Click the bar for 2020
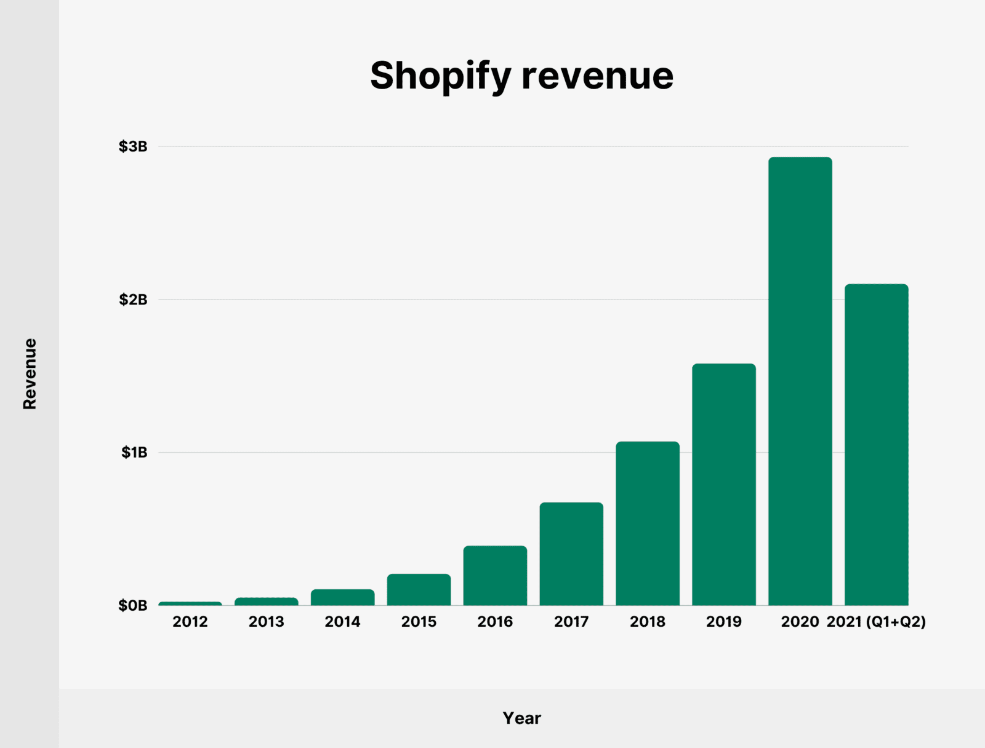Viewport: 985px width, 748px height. point(800,381)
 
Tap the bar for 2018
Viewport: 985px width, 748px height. point(648,523)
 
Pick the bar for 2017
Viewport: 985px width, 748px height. point(571,554)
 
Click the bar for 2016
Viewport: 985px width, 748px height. point(495,576)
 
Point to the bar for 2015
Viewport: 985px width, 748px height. point(419,590)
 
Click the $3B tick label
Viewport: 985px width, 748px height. point(133,146)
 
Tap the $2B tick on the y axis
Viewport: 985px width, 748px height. point(133,300)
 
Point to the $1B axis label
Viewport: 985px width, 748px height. point(134,453)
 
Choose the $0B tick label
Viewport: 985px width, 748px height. point(133,606)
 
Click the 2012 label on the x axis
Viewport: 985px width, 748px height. point(190,622)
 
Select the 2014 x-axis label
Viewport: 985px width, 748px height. point(342,622)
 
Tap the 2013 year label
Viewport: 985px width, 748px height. point(266,622)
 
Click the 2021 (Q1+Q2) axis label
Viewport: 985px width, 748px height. point(876,622)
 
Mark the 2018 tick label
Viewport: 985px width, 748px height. point(648,622)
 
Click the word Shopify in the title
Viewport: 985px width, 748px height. point(440,76)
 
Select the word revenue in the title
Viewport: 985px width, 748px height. point(597,76)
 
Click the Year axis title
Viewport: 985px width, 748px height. point(521,718)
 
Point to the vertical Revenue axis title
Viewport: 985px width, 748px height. point(30,373)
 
